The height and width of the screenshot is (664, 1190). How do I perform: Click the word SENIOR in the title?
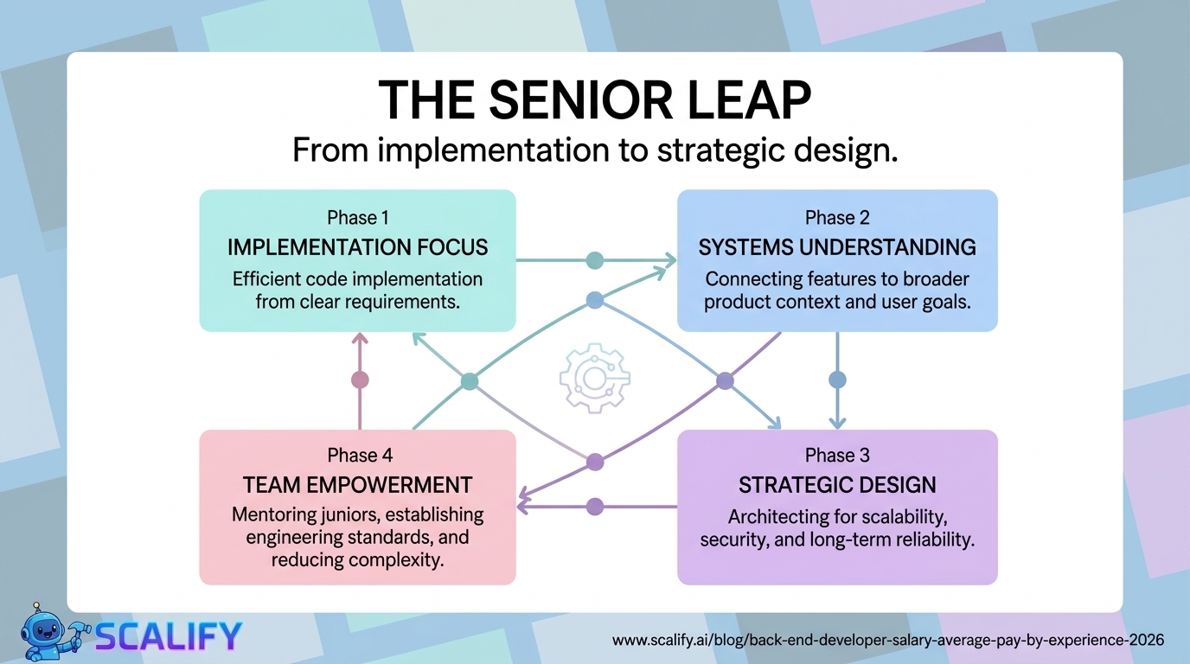coord(573,102)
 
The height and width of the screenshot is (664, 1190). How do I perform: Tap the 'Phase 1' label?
coord(357,217)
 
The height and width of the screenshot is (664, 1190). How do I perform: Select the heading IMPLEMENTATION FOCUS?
coord(357,247)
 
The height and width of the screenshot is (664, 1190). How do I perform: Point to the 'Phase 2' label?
coord(836,217)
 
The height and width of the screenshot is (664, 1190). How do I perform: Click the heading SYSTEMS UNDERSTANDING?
coord(836,247)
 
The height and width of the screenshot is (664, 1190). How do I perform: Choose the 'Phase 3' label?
coord(836,455)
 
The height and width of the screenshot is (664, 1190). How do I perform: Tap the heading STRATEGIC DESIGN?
coord(836,485)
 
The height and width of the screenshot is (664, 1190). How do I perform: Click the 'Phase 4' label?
coord(357,455)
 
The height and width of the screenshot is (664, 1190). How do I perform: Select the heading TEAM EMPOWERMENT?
coord(357,484)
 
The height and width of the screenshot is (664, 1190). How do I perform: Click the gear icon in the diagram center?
coord(594,378)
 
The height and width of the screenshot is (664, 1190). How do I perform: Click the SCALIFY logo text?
coord(168,636)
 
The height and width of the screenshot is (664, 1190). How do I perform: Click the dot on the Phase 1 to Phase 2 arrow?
coord(594,259)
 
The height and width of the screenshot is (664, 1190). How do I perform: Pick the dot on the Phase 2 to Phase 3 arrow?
coord(836,380)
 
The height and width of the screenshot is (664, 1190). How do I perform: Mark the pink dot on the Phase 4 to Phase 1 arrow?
coord(360,380)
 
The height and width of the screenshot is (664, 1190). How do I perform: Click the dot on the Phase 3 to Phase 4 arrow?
coord(594,506)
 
